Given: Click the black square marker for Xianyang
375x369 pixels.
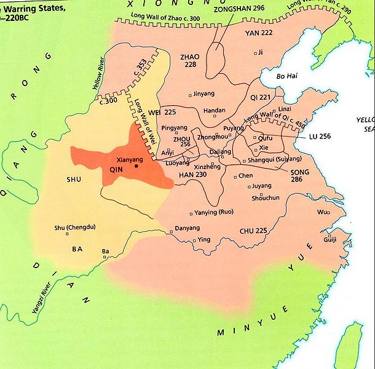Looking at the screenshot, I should tap(136, 165).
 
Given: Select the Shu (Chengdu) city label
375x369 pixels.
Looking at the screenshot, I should tap(75, 226).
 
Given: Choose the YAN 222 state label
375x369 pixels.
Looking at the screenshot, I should tap(258, 34).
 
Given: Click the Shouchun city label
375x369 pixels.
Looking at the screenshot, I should tap(266, 198).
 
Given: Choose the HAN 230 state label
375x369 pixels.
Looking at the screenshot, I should tap(192, 175).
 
